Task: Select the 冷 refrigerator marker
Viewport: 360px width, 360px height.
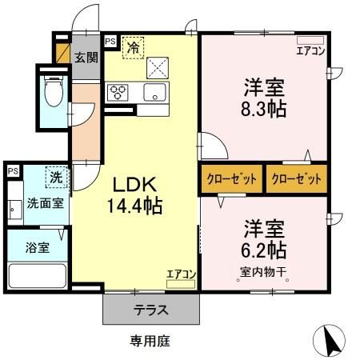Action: [x=134, y=46]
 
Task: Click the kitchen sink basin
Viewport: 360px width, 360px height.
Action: [x=154, y=91]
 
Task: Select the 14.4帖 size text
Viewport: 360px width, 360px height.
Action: [x=134, y=206]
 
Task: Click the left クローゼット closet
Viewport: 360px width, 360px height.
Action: [x=231, y=178]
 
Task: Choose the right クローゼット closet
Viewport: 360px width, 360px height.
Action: [x=297, y=178]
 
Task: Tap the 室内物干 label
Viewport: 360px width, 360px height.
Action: [x=263, y=270]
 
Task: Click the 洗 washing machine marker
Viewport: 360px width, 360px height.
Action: [x=55, y=175]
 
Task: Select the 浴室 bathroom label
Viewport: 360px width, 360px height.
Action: [x=38, y=246]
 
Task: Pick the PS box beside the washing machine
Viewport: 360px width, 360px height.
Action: [x=13, y=171]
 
